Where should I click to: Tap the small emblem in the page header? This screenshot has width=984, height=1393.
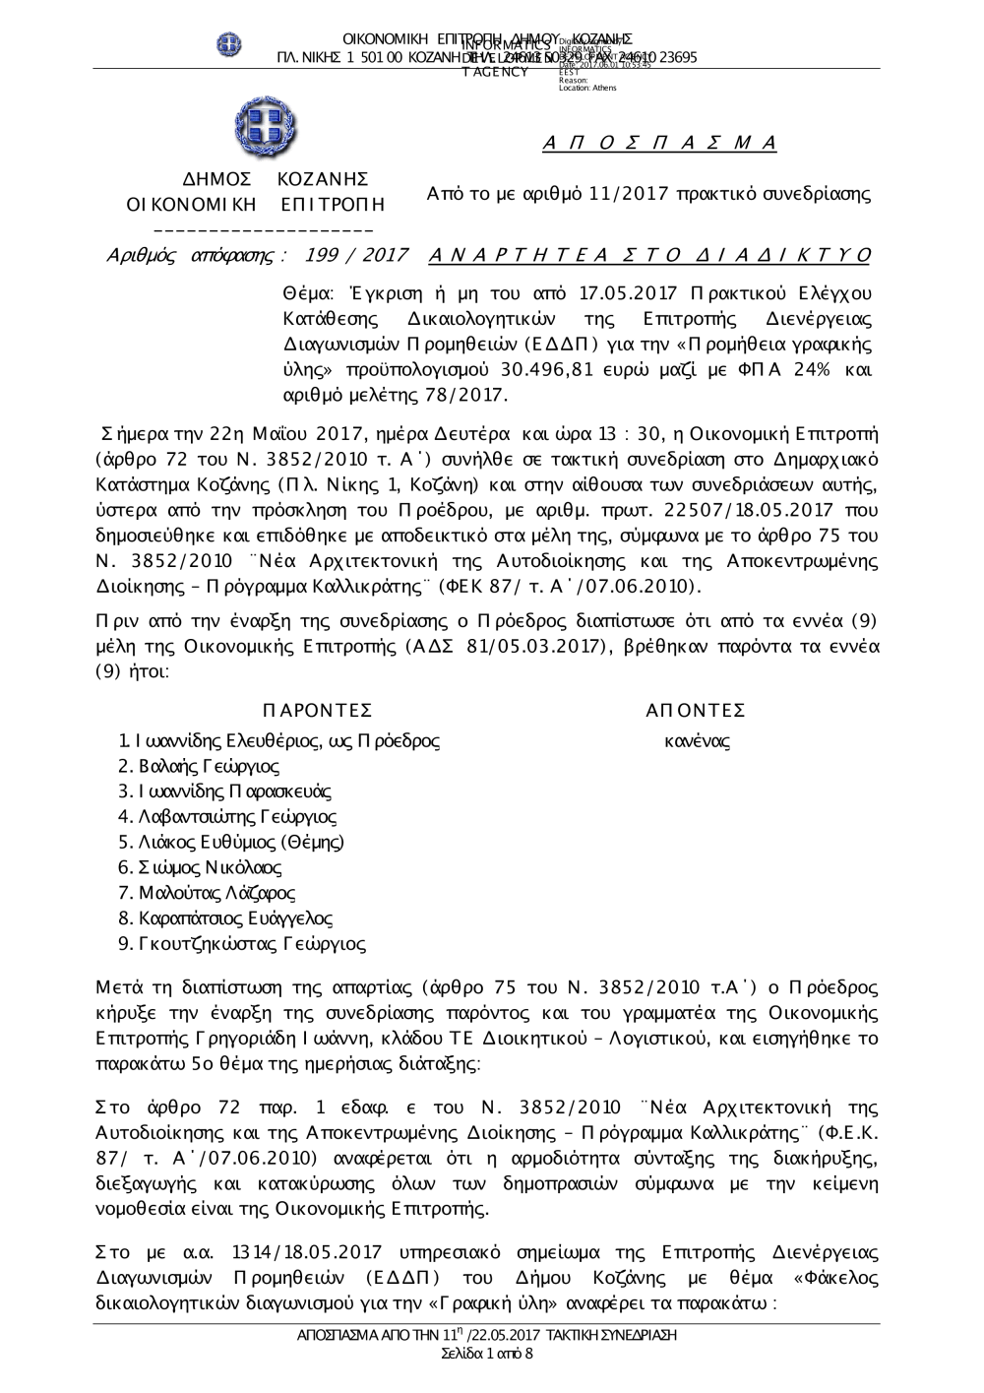coord(229,44)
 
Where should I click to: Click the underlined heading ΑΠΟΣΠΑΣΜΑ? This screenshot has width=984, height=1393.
coord(660,144)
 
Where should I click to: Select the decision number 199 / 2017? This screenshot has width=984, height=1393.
coord(357,256)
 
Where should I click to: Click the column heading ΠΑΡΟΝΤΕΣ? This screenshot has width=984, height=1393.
coord(318,711)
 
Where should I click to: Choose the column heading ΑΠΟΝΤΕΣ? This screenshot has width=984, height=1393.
coord(696,711)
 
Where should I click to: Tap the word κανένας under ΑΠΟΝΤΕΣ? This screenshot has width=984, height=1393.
coord(698,741)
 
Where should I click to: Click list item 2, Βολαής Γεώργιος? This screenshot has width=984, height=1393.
coord(199,766)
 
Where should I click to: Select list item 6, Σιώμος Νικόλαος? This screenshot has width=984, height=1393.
coord(200,867)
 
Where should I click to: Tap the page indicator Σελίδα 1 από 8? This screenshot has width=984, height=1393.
coord(487,1354)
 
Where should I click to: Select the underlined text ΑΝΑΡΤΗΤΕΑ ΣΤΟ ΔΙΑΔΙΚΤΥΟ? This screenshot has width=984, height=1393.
coord(650,256)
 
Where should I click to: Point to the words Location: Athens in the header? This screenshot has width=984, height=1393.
coord(587,88)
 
